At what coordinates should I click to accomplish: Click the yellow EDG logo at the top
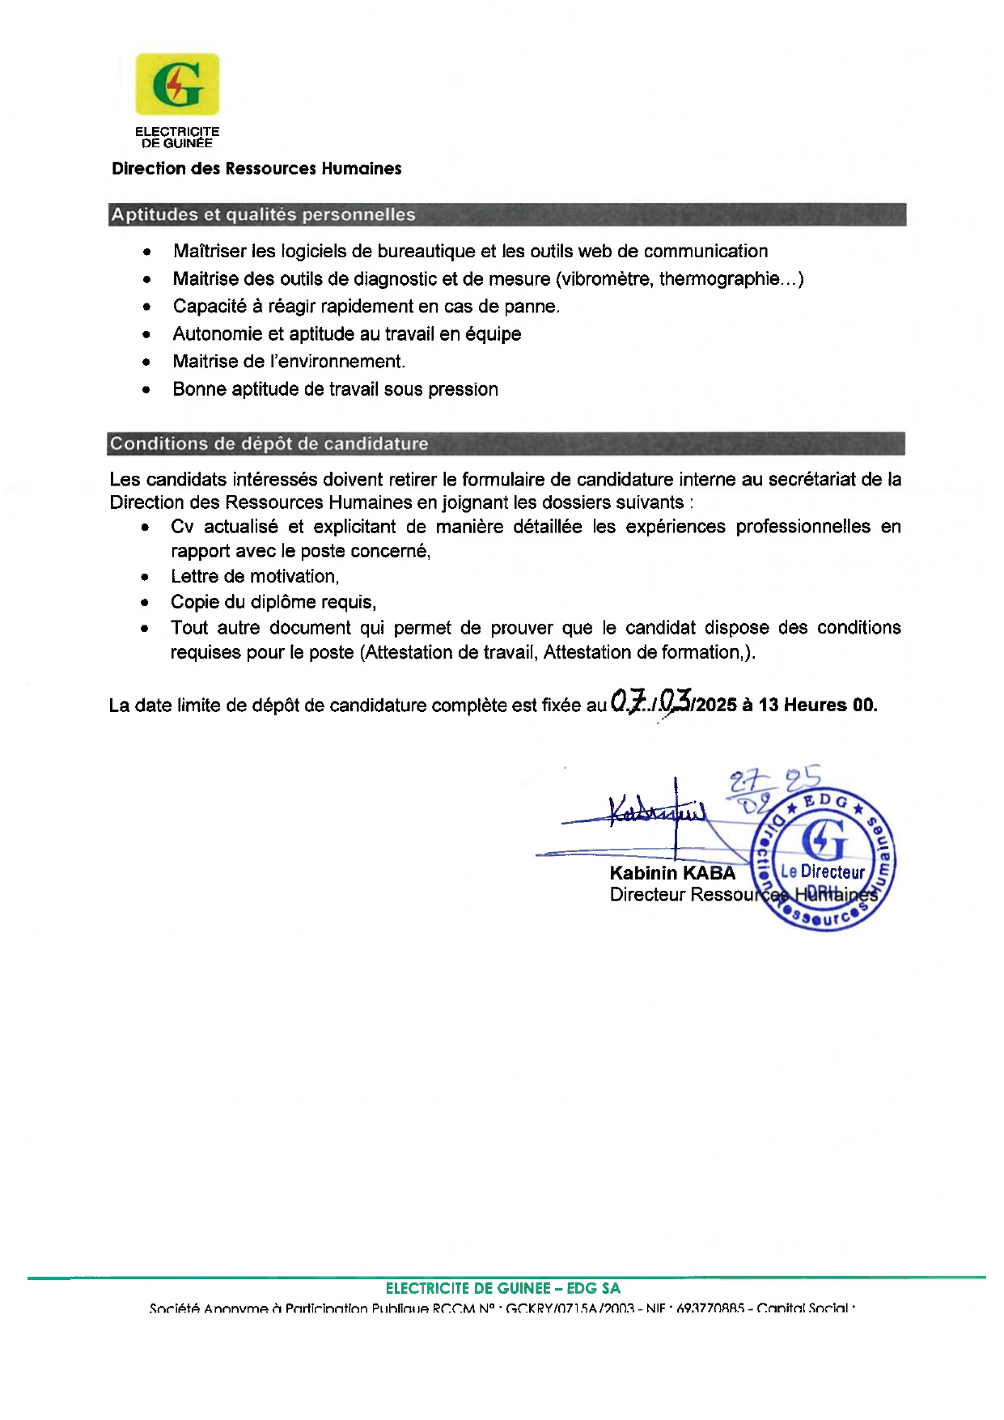click(x=177, y=84)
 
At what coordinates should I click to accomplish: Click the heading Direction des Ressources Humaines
click(x=256, y=168)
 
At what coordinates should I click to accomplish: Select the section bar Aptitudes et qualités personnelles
click(x=506, y=214)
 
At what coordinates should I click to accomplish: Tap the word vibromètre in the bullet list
click(x=607, y=279)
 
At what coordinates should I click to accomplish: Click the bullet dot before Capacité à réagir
click(x=146, y=307)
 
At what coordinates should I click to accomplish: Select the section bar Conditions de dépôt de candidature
click(x=506, y=443)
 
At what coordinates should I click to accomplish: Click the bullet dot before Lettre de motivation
click(x=145, y=578)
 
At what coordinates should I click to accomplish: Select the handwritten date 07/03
click(x=650, y=701)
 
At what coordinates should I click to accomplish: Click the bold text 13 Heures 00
click(x=817, y=705)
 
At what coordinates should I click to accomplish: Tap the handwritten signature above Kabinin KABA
click(x=655, y=810)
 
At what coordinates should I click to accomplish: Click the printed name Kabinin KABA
click(x=672, y=873)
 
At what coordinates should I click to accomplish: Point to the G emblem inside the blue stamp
click(x=824, y=839)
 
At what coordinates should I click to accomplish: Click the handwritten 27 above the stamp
click(x=743, y=782)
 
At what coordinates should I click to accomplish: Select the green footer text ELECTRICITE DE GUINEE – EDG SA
click(x=502, y=1288)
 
